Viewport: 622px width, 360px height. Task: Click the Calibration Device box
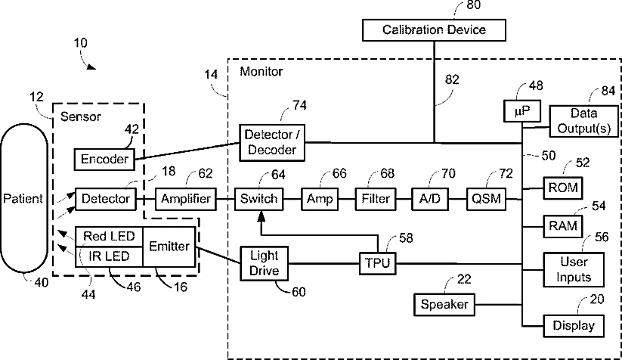434,29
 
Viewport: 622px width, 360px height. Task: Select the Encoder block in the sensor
104,160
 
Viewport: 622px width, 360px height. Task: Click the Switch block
258,200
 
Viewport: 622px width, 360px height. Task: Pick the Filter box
376,200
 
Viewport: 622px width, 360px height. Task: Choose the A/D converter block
429,200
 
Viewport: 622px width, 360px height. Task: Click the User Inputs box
574,266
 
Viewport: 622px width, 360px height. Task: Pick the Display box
574,326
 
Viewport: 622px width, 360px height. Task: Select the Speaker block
443,305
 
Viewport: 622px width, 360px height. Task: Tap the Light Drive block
263,264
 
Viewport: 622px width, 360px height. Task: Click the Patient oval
24,199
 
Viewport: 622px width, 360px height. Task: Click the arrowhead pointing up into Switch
259,216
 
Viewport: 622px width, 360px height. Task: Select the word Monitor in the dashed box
261,72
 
